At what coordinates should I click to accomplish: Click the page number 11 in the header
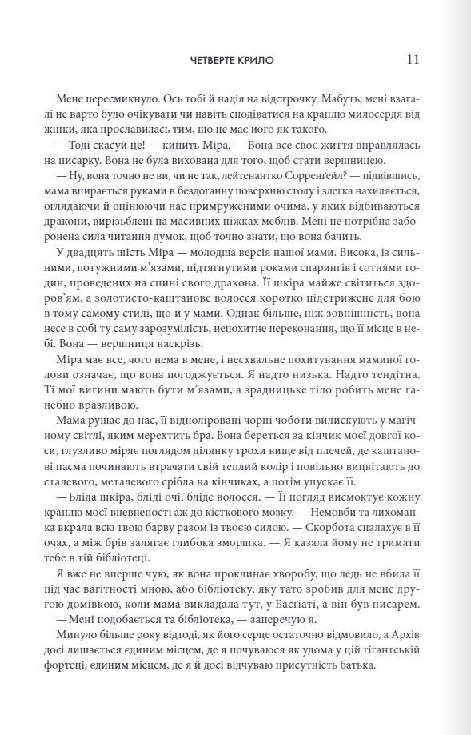click(413, 60)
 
